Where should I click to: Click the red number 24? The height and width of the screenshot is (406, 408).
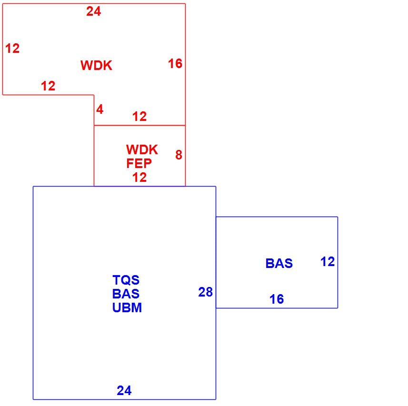94,11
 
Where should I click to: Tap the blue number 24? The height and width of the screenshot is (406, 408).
124,390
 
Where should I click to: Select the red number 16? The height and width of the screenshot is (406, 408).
175,64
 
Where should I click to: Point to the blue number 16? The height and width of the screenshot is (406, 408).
277,299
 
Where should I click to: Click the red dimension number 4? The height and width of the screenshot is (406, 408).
100,109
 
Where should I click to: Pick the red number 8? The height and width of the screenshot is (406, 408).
179,155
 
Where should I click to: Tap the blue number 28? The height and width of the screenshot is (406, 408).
205,292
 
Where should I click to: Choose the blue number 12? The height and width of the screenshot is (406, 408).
328,262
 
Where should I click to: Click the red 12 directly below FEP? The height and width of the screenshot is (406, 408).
139,178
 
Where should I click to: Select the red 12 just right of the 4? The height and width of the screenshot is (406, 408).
139,116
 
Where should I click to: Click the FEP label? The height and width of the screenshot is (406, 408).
139,163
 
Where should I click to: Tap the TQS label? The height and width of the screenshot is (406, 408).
126,280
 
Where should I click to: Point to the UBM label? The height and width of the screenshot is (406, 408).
127,307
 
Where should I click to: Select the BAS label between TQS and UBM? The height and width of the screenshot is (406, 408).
126,294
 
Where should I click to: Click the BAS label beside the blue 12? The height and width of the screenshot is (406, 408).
279,264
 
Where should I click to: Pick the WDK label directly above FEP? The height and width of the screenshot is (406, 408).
142,149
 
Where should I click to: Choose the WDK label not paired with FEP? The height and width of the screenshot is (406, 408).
96,65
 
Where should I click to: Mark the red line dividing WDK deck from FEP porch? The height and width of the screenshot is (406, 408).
140,125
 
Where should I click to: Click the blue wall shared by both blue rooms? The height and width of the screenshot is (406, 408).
216,262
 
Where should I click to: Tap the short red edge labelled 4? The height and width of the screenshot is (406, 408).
94,110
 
